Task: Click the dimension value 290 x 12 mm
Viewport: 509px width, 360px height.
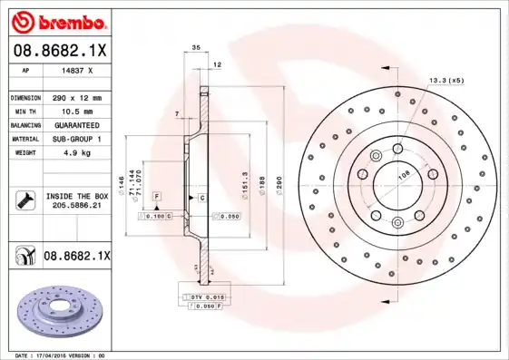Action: pyautogui.click(x=76, y=97)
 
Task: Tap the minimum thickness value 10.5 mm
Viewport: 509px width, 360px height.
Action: pyautogui.click(x=76, y=111)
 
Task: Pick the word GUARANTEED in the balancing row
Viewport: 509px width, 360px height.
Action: pyautogui.click(x=76, y=124)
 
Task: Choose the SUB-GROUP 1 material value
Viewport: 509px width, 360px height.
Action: pyautogui.click(x=76, y=139)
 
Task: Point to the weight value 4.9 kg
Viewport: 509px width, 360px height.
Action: pyautogui.click(x=76, y=152)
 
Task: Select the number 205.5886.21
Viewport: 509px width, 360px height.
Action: pyautogui.click(x=76, y=206)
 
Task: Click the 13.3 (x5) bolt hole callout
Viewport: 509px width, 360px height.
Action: pyautogui.click(x=445, y=81)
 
